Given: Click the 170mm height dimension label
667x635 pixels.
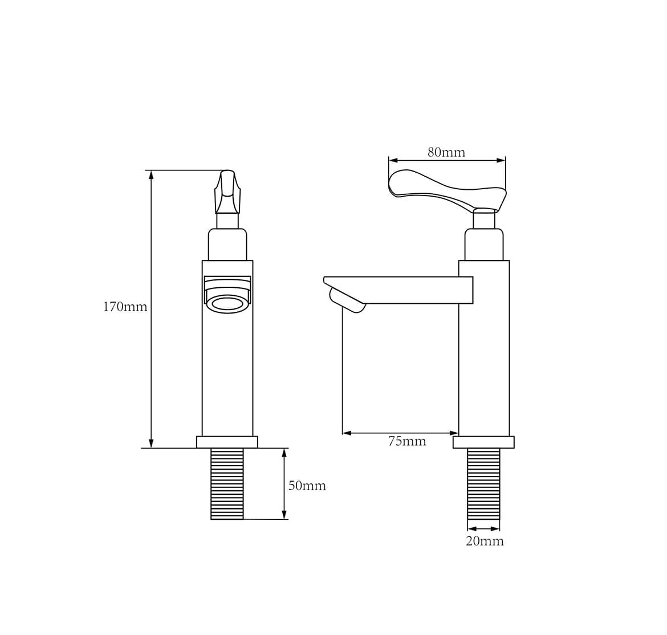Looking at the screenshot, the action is [x=125, y=307].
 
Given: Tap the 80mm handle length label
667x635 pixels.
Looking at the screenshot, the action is [x=446, y=152].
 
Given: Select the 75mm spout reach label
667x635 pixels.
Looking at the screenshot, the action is [x=407, y=441].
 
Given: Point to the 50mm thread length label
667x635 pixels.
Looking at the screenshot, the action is [x=307, y=486].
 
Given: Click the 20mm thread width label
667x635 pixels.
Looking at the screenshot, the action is [x=485, y=541].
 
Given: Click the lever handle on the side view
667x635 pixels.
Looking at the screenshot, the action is [x=447, y=190].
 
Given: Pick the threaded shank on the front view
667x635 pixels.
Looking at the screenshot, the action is [x=227, y=484].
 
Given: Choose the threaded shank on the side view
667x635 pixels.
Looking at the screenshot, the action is [x=483, y=484].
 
